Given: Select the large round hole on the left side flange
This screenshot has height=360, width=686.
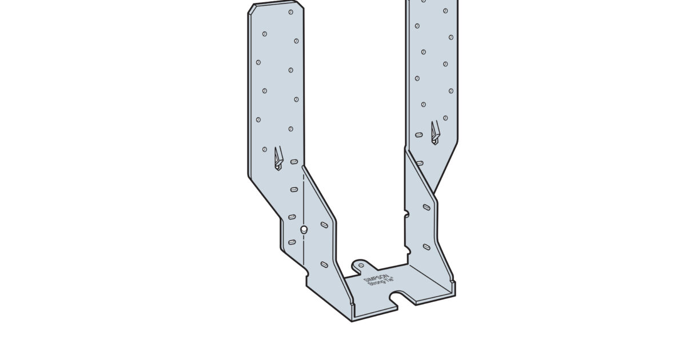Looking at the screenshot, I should (304, 230).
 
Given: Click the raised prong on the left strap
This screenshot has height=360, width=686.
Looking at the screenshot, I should (278, 158).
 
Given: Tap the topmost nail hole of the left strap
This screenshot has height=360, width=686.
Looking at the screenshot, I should (291, 11).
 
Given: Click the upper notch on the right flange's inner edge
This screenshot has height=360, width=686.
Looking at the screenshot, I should (406, 215).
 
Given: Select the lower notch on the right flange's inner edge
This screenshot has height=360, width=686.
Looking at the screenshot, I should (406, 251).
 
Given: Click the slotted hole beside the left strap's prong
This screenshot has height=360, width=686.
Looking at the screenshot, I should (294, 162).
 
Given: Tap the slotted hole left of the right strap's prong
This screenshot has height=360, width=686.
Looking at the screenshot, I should (419, 135).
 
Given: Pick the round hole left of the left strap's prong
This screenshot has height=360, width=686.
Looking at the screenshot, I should (264, 150).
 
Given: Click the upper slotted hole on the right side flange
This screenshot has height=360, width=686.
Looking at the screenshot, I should (426, 207).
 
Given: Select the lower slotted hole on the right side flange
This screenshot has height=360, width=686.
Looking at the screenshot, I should (426, 246).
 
